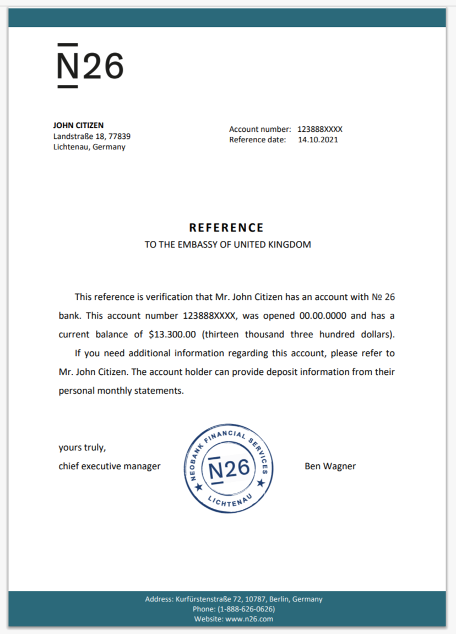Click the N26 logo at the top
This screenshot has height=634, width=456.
pyautogui.click(x=90, y=66)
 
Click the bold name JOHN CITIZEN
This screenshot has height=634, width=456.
pyautogui.click(x=78, y=125)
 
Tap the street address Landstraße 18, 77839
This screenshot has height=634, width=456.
pyautogui.click(x=91, y=136)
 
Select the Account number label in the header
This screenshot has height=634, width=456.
pyautogui.click(x=260, y=129)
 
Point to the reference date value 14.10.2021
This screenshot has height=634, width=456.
pyautogui.click(x=318, y=139)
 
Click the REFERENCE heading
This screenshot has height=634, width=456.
pyautogui.click(x=226, y=228)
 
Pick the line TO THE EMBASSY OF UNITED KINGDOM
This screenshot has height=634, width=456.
pyautogui.click(x=227, y=244)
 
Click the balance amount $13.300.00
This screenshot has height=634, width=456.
pyautogui.click(x=172, y=334)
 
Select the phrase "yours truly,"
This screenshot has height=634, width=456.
pyautogui.click(x=82, y=448)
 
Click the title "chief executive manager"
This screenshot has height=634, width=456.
pyautogui.click(x=110, y=466)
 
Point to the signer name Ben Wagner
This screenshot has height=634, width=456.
pyautogui.click(x=330, y=466)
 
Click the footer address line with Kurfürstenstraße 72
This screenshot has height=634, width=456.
pyautogui.click(x=234, y=599)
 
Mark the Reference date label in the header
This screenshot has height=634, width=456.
pyautogui.click(x=258, y=139)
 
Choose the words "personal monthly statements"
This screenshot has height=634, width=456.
pyautogui.click(x=121, y=390)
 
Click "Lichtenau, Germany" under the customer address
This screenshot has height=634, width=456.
pyautogui.click(x=89, y=147)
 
